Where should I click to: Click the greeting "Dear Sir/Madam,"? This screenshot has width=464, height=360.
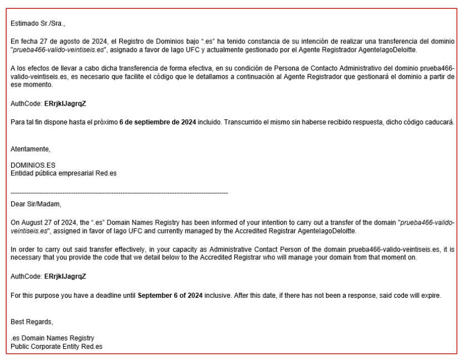[38, 203]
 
